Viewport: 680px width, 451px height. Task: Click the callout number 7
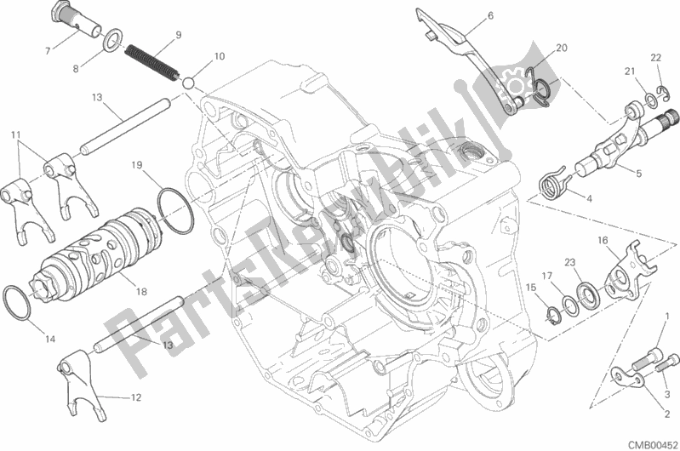(49, 51)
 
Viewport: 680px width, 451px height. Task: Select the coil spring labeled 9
(151, 63)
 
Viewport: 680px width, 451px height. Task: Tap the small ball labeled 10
(188, 83)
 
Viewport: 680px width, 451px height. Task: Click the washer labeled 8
(111, 41)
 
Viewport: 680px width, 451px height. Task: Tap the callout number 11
(16, 134)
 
